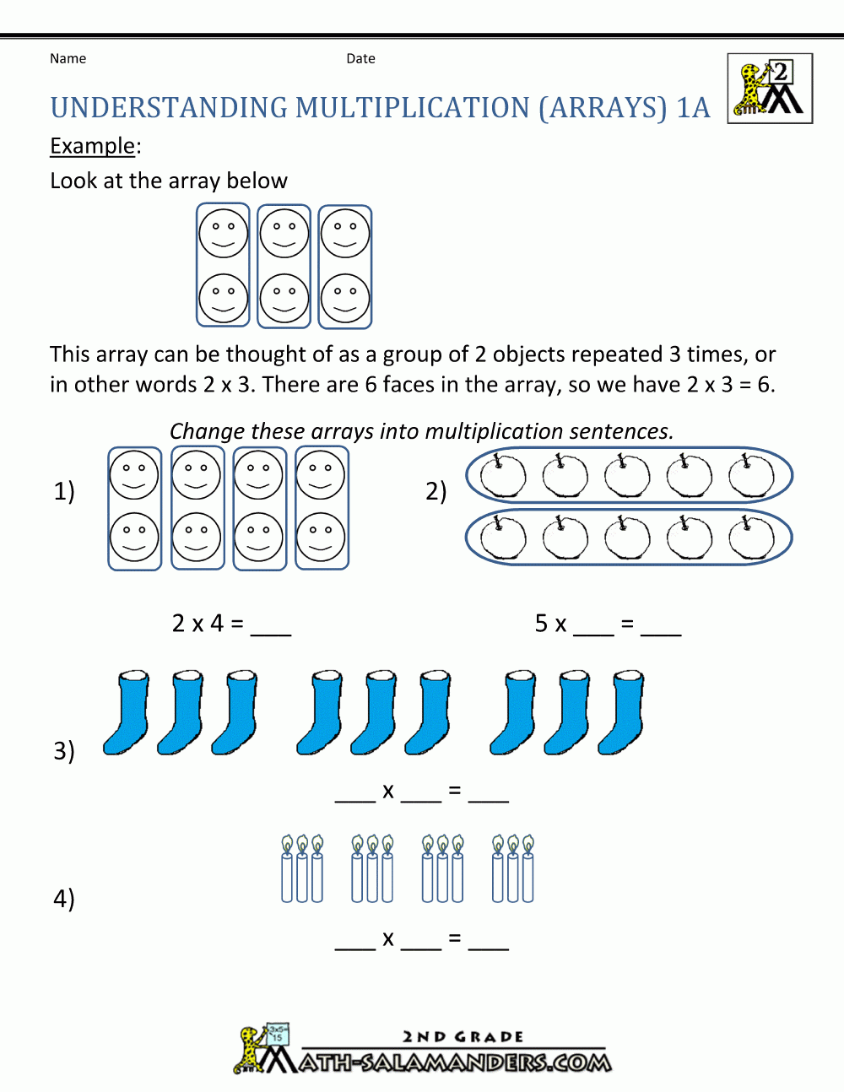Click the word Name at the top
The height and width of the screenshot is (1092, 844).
tap(68, 59)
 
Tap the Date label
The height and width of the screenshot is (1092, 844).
tap(360, 59)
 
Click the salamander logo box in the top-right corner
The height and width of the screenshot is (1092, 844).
tap(770, 89)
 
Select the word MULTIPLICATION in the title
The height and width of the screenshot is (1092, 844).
tap(413, 107)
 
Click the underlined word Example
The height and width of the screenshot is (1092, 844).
tap(93, 146)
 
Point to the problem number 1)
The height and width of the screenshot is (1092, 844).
tap(64, 491)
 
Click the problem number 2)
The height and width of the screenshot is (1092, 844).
tap(436, 491)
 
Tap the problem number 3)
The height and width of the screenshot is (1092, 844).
tap(64, 751)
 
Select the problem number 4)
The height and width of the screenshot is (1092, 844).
tap(64, 898)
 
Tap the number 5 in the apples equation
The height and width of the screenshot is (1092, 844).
tap(541, 624)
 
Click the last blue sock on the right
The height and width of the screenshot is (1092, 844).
tap(621, 712)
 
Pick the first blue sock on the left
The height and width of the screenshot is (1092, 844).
tap(126, 712)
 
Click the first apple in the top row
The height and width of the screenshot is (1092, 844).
tap(503, 475)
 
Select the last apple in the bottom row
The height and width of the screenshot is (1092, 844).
tap(752, 538)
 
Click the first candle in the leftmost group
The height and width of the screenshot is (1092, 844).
tap(287, 869)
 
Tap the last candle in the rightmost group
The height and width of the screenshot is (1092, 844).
tap(528, 869)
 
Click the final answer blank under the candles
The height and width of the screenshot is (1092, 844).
tap(489, 949)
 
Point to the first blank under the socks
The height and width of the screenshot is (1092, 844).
tap(355, 802)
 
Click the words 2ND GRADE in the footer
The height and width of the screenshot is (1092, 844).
tap(463, 1036)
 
